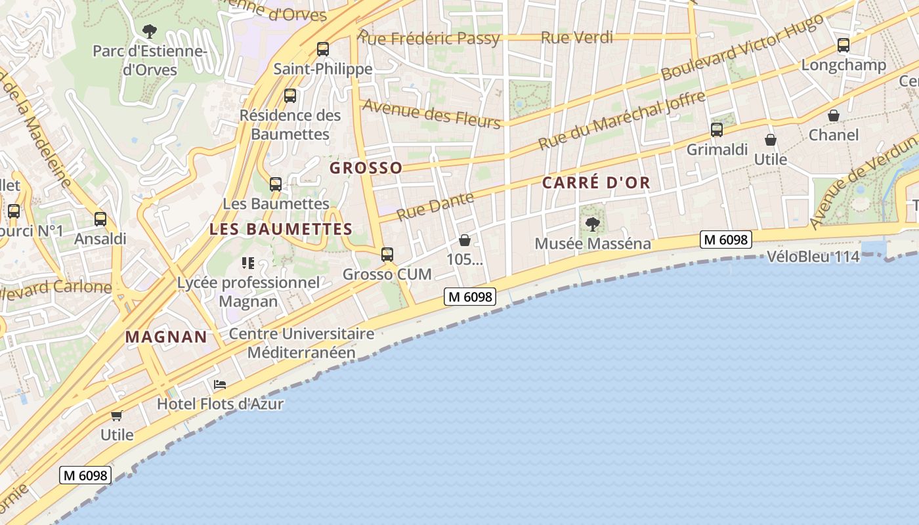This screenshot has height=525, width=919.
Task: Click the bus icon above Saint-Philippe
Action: tap(322, 49)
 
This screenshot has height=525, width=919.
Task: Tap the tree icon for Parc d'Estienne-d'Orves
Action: tap(150, 31)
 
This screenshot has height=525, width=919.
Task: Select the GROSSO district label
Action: tap(366, 168)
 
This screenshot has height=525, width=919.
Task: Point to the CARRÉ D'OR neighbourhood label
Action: tap(596, 183)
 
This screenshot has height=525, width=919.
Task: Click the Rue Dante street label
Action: tap(435, 206)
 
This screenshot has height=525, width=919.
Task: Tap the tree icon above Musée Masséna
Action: tap(592, 224)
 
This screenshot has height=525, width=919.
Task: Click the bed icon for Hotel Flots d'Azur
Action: tap(220, 385)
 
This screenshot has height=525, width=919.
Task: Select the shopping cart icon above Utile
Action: tap(117, 415)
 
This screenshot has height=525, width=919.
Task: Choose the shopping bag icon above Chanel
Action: tap(833, 116)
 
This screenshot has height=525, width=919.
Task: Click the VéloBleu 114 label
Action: tap(813, 257)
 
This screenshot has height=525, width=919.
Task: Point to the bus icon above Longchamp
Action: tap(844, 46)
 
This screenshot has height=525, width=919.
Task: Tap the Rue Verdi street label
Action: tap(576, 37)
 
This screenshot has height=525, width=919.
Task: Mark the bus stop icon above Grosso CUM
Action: tap(387, 255)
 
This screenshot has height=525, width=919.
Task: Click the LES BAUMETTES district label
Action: tap(281, 229)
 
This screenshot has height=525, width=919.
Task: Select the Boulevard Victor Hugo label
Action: tap(742, 47)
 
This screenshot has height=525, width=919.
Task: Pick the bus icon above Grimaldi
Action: tap(717, 130)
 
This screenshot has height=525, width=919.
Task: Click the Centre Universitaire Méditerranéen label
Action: tap(301, 343)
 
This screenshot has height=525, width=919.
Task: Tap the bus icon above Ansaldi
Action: tap(100, 219)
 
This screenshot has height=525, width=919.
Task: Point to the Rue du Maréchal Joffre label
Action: tap(622, 120)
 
